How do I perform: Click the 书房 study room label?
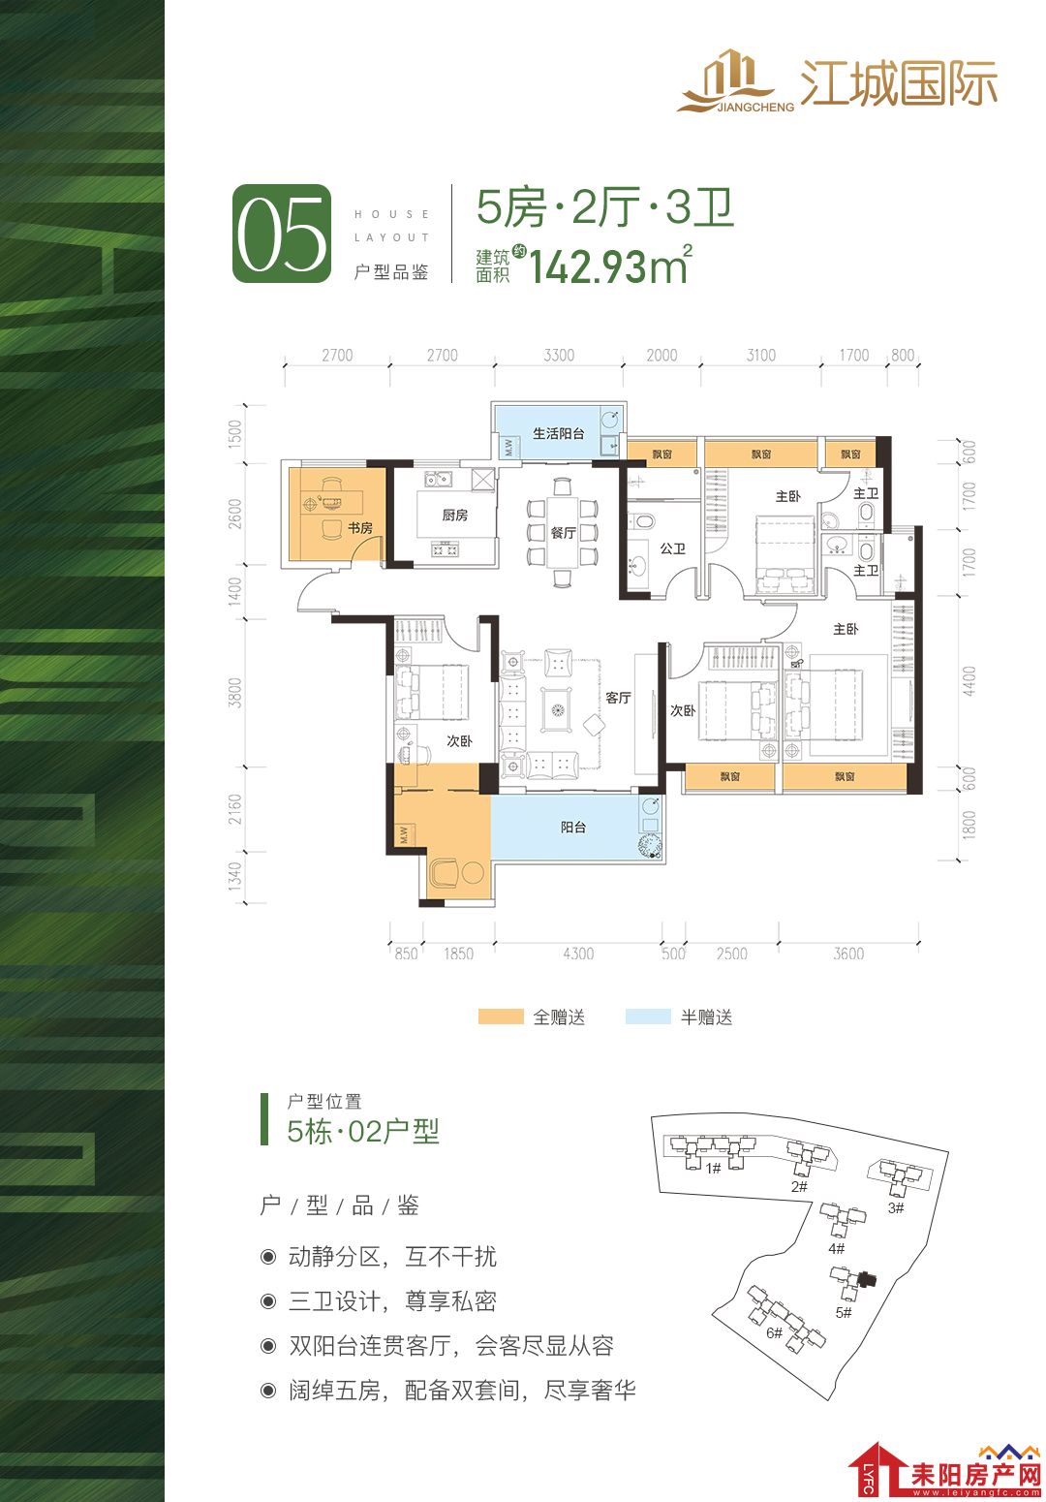tap(359, 528)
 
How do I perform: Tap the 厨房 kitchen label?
tap(454, 515)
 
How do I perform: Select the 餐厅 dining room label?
tap(563, 532)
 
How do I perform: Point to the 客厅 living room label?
tap(618, 698)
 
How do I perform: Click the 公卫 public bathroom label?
tap(673, 548)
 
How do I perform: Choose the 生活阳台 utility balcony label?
tap(558, 434)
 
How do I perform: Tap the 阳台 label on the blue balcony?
tap(573, 828)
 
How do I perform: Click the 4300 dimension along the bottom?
tap(577, 954)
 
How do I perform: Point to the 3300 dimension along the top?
tap(559, 355)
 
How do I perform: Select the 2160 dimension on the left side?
tap(234, 809)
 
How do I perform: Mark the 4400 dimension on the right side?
tap(969, 680)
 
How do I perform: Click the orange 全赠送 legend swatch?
tap(500, 1017)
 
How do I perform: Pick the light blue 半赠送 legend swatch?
tap(647, 1017)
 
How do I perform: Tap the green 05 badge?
tap(282, 234)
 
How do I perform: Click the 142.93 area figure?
tap(588, 266)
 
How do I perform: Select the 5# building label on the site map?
tap(843, 1312)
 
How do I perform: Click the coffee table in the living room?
tap(556, 709)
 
